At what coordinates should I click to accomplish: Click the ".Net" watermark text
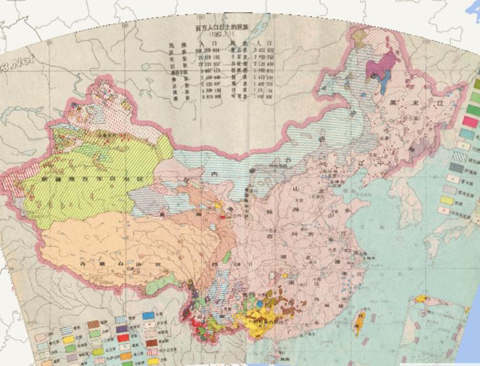coord(17,62)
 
